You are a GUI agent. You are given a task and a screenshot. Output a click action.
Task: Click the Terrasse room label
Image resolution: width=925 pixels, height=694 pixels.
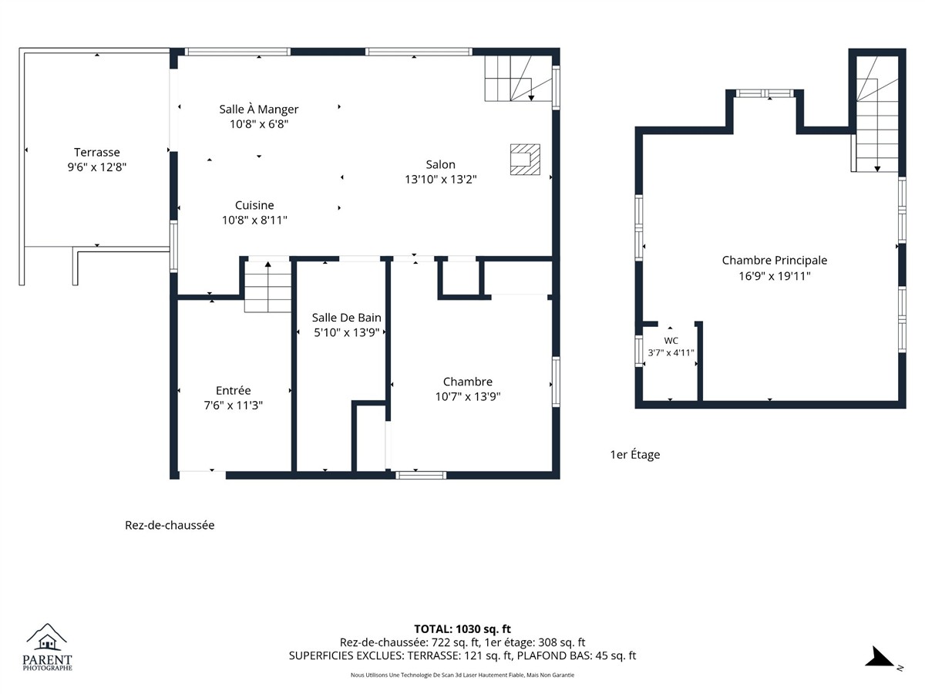pyautogui.click(x=97, y=152)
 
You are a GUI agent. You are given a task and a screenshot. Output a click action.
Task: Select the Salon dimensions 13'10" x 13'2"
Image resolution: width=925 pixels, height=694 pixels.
pyautogui.click(x=441, y=180)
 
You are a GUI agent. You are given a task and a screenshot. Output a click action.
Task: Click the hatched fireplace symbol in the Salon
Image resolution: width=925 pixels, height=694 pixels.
pyautogui.click(x=525, y=160)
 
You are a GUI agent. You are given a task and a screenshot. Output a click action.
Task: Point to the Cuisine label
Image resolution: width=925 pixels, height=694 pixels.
pyautogui.click(x=254, y=205)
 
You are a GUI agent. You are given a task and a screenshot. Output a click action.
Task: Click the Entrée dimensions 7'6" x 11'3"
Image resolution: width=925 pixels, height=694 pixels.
pyautogui.click(x=234, y=406)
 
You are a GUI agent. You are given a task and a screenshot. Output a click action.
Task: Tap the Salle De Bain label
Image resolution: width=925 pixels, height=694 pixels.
pyautogui.click(x=346, y=318)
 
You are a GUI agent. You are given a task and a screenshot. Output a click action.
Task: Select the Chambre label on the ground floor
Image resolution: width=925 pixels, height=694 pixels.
pyautogui.click(x=468, y=382)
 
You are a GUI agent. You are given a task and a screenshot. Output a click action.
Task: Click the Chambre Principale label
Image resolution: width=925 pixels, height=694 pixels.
pyautogui.click(x=775, y=261)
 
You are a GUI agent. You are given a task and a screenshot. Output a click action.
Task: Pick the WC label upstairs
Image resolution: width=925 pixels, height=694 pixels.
pyautogui.click(x=671, y=341)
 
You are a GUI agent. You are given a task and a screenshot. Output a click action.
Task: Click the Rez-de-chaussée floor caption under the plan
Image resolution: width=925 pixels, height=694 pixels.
pyautogui.click(x=170, y=525)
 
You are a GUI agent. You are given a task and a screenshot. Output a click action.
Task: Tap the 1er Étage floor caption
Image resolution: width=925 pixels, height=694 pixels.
pyautogui.click(x=635, y=455)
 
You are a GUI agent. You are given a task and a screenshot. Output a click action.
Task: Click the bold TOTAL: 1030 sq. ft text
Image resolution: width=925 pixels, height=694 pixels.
pyautogui.click(x=462, y=629)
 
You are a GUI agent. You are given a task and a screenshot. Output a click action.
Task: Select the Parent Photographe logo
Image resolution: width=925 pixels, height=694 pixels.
pyautogui.click(x=47, y=648)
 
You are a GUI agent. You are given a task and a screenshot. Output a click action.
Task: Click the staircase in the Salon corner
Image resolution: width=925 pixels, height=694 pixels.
pyautogui.click(x=518, y=79)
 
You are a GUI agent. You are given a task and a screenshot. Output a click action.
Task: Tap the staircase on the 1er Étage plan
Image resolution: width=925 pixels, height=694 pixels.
pyautogui.click(x=876, y=114)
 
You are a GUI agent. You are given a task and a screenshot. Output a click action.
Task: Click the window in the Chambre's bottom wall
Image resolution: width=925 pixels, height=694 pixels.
pyautogui.click(x=421, y=476)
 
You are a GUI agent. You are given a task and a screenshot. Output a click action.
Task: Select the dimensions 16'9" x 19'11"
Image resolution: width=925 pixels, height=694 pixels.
pyautogui.click(x=775, y=276)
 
